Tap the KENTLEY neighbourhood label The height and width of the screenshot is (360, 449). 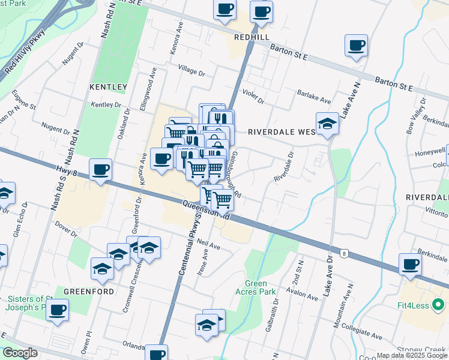pyautogui.click(x=108, y=87)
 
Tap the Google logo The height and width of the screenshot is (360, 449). pyautogui.click(x=20, y=353)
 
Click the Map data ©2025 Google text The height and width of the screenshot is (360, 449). pyautogui.click(x=412, y=355)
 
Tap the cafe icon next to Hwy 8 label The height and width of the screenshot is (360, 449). pyautogui.click(x=101, y=169)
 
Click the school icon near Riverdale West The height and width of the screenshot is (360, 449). pyautogui.click(x=327, y=124)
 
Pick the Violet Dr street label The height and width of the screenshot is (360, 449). pyautogui.click(x=253, y=96)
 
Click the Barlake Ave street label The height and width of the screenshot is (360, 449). pyautogui.click(x=314, y=96)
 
